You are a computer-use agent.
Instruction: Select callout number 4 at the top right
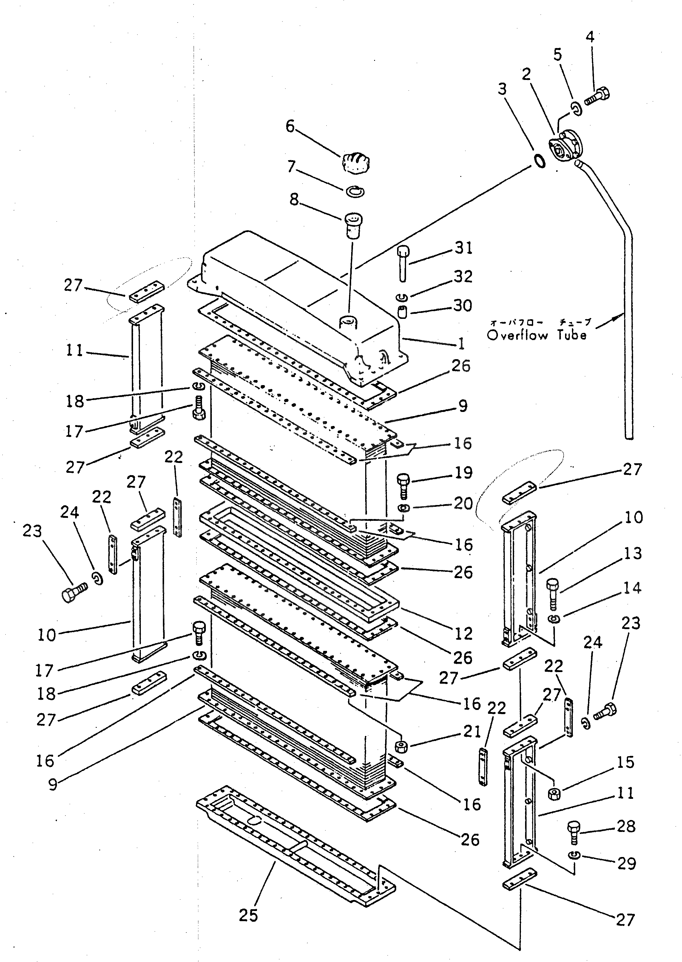(590, 37)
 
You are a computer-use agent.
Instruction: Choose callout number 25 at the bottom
(248, 915)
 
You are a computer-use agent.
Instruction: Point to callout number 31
(464, 248)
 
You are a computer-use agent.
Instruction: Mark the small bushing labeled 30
(402, 312)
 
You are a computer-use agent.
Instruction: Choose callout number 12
(463, 634)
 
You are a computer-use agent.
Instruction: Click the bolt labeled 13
(553, 592)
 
